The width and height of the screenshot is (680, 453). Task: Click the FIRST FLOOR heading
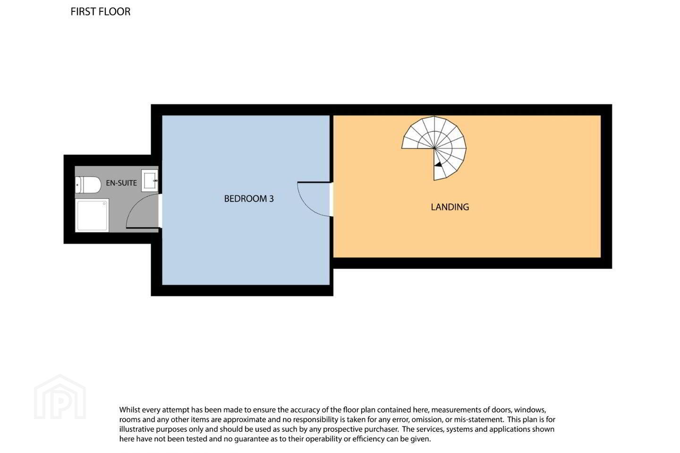tap(101, 12)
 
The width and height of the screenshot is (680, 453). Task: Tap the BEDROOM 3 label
tap(249, 199)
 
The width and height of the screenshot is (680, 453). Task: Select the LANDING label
tap(450, 207)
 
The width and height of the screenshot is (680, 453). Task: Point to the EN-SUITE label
tap(121, 183)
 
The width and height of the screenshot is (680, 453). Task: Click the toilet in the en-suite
tap(88, 185)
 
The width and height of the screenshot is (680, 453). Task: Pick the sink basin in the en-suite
tap(150, 181)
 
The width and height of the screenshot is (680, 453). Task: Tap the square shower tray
tap(92, 215)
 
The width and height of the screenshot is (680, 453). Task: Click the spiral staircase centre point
tap(434, 148)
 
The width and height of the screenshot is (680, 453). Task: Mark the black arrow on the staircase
tap(438, 165)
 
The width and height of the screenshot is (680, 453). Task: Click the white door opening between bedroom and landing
tap(331, 199)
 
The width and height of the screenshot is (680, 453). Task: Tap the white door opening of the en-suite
tap(160, 211)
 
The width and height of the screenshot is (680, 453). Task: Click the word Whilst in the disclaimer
tap(129, 410)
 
